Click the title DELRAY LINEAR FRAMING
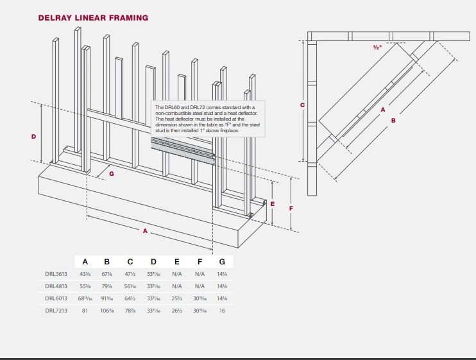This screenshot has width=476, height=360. coord(93,18)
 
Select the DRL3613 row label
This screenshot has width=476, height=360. coord(56,273)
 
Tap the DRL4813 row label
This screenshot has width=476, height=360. coord(56,286)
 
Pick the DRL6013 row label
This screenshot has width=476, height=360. coord(56,298)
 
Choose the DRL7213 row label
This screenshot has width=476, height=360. coord(56,311)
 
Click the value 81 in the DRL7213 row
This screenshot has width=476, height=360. coord(85,311)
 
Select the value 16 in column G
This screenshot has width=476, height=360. coord(222,311)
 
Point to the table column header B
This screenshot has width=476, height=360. coord(107,261)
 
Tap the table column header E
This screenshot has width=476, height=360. coord(176,261)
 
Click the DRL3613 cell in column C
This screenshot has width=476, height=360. coord(130,273)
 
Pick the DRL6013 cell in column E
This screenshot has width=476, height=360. coord(176,298)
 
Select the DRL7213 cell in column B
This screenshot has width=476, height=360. coord(107,311)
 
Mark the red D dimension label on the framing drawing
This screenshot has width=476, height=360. coord(33,136)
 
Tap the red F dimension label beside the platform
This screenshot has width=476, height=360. coord(291,208)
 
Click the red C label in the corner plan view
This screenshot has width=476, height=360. coord(302,105)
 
